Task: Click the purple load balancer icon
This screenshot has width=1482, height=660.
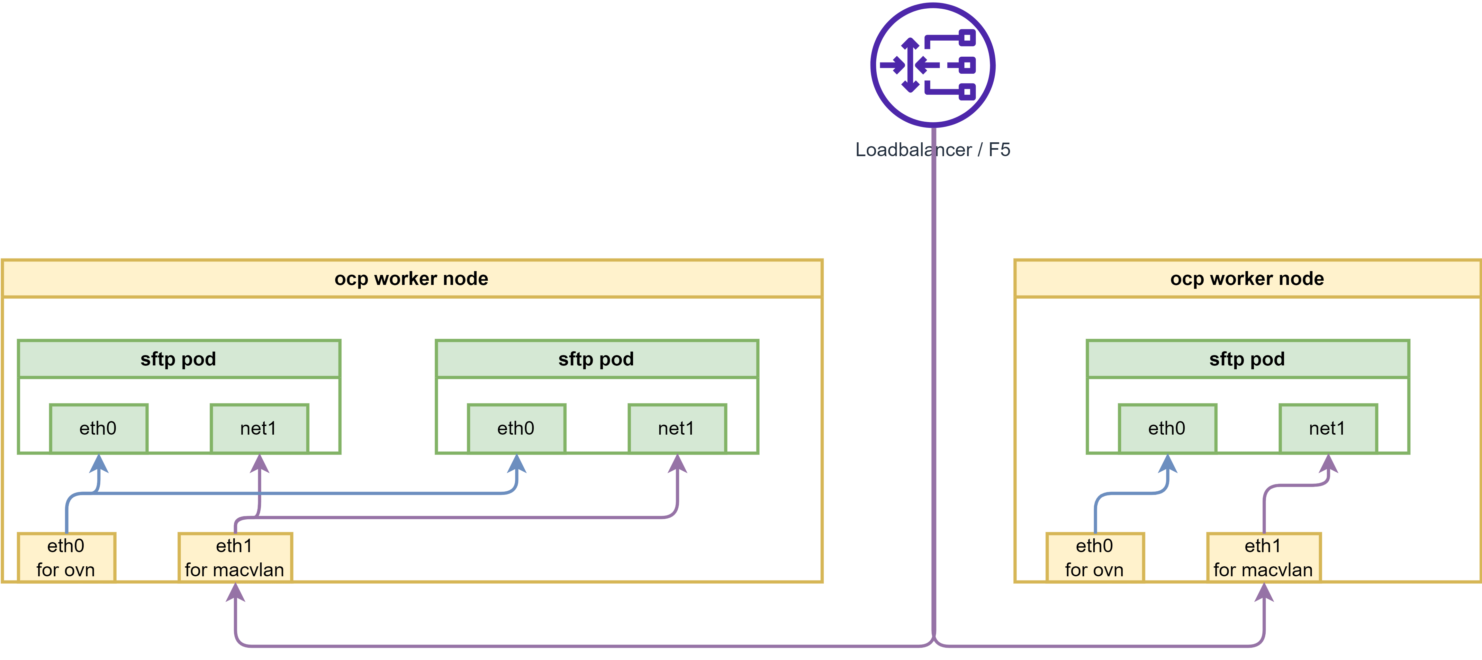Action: (933, 65)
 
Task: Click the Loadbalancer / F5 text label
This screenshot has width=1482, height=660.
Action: (933, 150)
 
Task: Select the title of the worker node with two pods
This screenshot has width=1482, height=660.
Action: (411, 279)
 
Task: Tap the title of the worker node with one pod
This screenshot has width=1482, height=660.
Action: (1247, 279)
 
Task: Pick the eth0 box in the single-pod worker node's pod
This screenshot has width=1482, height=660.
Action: (1167, 429)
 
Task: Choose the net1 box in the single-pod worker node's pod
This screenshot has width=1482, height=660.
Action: (1327, 429)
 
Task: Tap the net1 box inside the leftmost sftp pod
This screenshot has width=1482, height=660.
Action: (259, 429)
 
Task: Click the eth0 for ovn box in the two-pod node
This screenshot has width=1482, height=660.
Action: (66, 558)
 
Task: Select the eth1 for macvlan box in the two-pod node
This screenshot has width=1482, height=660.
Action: (235, 558)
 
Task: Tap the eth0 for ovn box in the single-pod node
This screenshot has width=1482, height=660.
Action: (1094, 558)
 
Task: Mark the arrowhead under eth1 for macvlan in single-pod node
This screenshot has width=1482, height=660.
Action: (1263, 593)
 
